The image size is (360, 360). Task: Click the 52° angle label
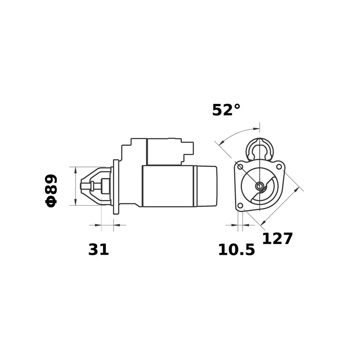click(226, 110)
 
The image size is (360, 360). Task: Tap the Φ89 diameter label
click(51, 191)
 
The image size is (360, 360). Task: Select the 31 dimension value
click(99, 250)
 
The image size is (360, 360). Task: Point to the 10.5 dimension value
click(237, 250)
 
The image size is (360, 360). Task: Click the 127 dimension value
click(277, 238)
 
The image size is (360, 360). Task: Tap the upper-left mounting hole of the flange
click(240, 166)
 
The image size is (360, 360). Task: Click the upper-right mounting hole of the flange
click(279, 166)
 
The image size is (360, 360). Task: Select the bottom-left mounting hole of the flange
click(240, 206)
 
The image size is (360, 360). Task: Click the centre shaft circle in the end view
click(260, 186)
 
